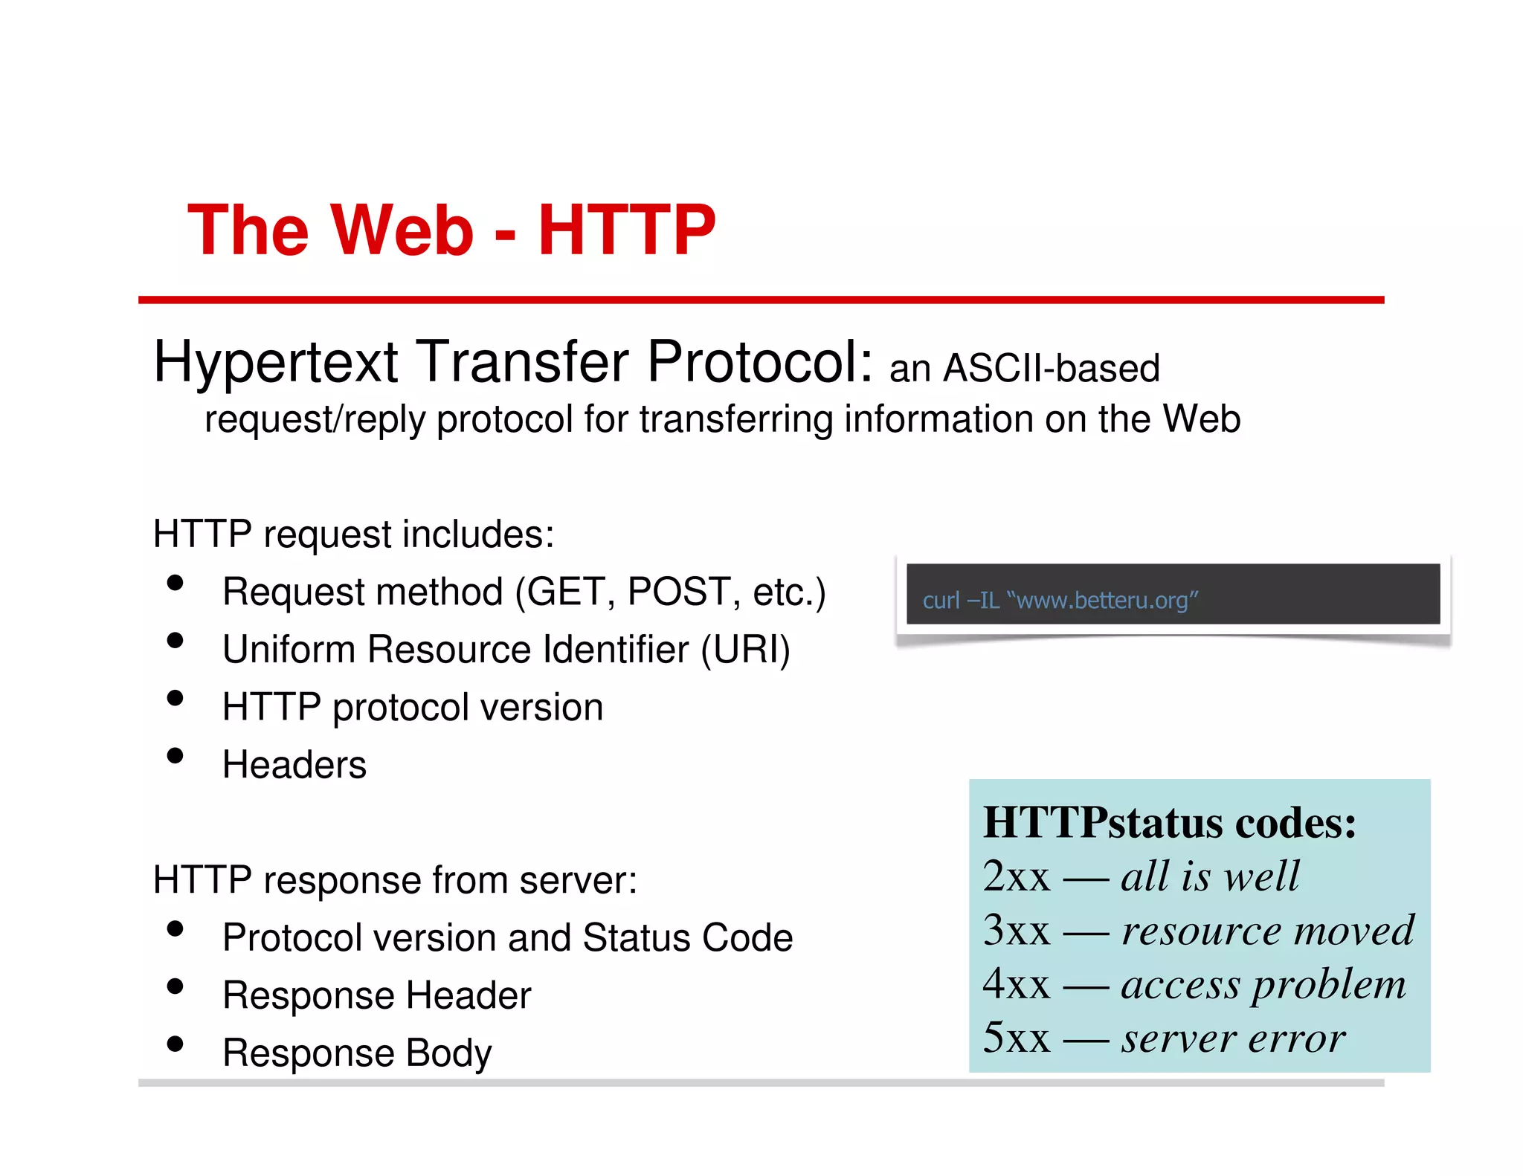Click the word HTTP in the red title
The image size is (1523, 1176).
point(626,230)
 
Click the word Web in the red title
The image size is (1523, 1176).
point(402,230)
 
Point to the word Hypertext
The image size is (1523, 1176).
point(277,362)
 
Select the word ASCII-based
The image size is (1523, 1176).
point(1052,369)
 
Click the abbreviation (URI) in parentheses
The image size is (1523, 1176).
point(746,649)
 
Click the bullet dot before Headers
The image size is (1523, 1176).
point(176,756)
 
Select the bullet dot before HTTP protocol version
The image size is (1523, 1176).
point(176,698)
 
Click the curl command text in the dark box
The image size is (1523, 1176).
point(1060,600)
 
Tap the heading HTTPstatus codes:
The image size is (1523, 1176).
point(1170,823)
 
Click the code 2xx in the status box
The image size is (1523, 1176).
point(1016,876)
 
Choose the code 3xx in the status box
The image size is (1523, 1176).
point(1016,931)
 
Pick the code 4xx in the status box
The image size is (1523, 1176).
point(1016,984)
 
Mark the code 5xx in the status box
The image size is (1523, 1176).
point(1016,1038)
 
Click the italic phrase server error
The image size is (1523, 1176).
point(1233,1038)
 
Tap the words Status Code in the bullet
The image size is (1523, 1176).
point(688,937)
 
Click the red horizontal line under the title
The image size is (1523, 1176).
point(761,300)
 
